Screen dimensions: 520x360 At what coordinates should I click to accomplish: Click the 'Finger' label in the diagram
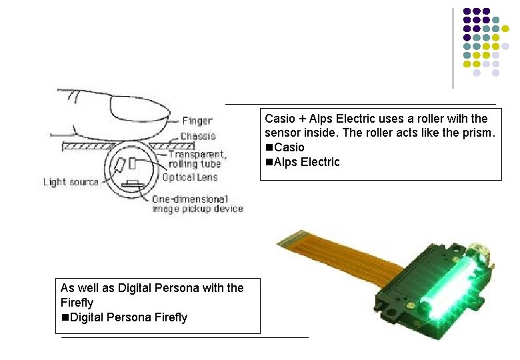click(197, 121)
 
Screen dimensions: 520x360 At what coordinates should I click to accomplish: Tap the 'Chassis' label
click(198, 136)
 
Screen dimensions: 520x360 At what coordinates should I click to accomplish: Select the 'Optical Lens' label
click(189, 177)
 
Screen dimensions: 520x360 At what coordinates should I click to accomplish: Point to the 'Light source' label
click(71, 182)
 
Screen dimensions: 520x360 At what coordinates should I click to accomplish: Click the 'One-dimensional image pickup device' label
click(197, 204)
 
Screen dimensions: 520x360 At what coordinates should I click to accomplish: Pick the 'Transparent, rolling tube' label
click(197, 159)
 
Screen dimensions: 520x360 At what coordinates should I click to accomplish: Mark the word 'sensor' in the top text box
click(282, 133)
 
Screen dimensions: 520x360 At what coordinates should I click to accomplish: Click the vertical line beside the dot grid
click(453, 47)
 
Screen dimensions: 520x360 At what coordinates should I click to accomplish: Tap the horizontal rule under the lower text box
click(185, 338)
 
